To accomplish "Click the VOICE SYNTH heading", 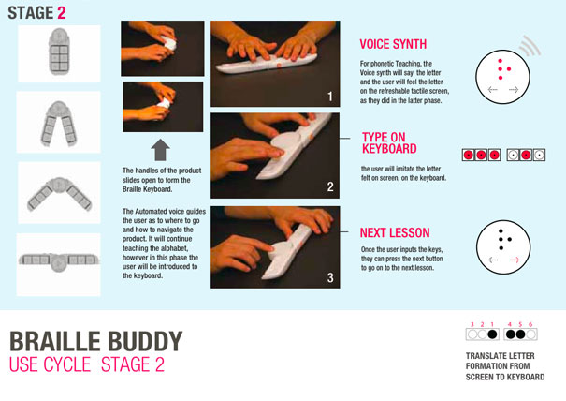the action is pos(393,44).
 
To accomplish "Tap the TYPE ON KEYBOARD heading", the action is pos(389,142).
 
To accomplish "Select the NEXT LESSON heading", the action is pos(395,233).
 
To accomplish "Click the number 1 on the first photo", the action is pos(330,97).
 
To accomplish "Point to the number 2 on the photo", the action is pos(330,187).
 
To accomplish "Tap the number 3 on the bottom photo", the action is pos(330,277).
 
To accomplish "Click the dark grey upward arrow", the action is pos(160,150).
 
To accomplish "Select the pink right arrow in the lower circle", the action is pos(515,260).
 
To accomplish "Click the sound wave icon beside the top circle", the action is pos(530,45).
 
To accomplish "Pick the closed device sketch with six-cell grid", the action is pos(59,52).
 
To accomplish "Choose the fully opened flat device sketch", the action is pos(59,260).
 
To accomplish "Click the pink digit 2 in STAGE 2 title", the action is pos(62,13).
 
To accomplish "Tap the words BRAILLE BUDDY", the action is pos(96,341).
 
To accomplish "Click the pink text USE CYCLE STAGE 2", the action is pos(87,364).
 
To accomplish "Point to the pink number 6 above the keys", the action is pos(530,324).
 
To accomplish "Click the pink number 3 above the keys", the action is pos(472,324).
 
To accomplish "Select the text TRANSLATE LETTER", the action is pos(500,356).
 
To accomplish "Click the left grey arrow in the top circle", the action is pos(493,89).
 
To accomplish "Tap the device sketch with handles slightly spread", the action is pos(59,124).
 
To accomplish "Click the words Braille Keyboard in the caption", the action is pos(147,189).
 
